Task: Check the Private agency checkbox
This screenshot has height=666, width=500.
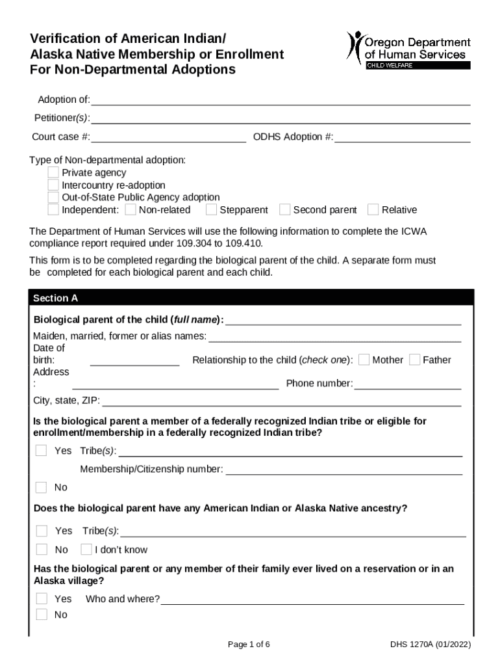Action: (53, 172)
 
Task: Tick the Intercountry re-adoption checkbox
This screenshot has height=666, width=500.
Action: (53, 185)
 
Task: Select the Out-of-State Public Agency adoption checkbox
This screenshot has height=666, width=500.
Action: (53, 197)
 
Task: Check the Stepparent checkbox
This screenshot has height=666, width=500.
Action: (211, 209)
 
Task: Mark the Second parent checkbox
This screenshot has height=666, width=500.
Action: (284, 209)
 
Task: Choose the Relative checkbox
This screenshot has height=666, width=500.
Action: (373, 209)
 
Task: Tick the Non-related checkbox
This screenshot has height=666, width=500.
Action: (131, 209)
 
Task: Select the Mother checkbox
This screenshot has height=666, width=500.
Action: (364, 360)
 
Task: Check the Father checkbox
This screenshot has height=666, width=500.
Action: (414, 360)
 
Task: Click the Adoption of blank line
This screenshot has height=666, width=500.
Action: (280, 100)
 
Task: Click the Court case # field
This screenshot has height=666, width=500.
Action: (168, 137)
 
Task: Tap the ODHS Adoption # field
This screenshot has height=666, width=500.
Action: (402, 137)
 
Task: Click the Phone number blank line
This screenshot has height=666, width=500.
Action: (407, 384)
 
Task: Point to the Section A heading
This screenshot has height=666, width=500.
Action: (56, 298)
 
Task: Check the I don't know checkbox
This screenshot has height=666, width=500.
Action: (86, 550)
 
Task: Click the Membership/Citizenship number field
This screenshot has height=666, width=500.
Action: (344, 470)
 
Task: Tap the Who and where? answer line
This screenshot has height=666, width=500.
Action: (312, 599)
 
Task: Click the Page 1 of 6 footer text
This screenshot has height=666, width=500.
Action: (249, 645)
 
